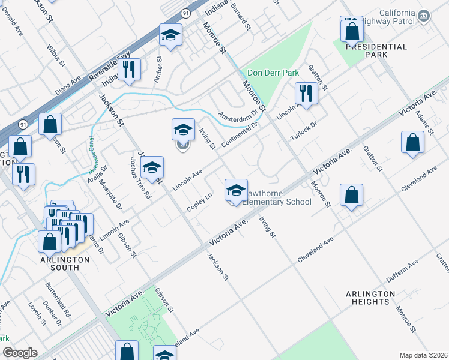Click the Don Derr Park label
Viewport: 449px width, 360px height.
pos(273,73)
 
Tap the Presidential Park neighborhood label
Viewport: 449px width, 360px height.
pos(376,50)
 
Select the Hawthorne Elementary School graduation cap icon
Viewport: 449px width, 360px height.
pos(237,191)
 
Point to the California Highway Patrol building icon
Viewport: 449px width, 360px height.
pos(424,15)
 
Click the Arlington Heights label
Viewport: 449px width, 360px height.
pos(370,298)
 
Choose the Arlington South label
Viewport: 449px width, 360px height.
pos(65,263)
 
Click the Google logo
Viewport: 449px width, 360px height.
pos(20,353)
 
